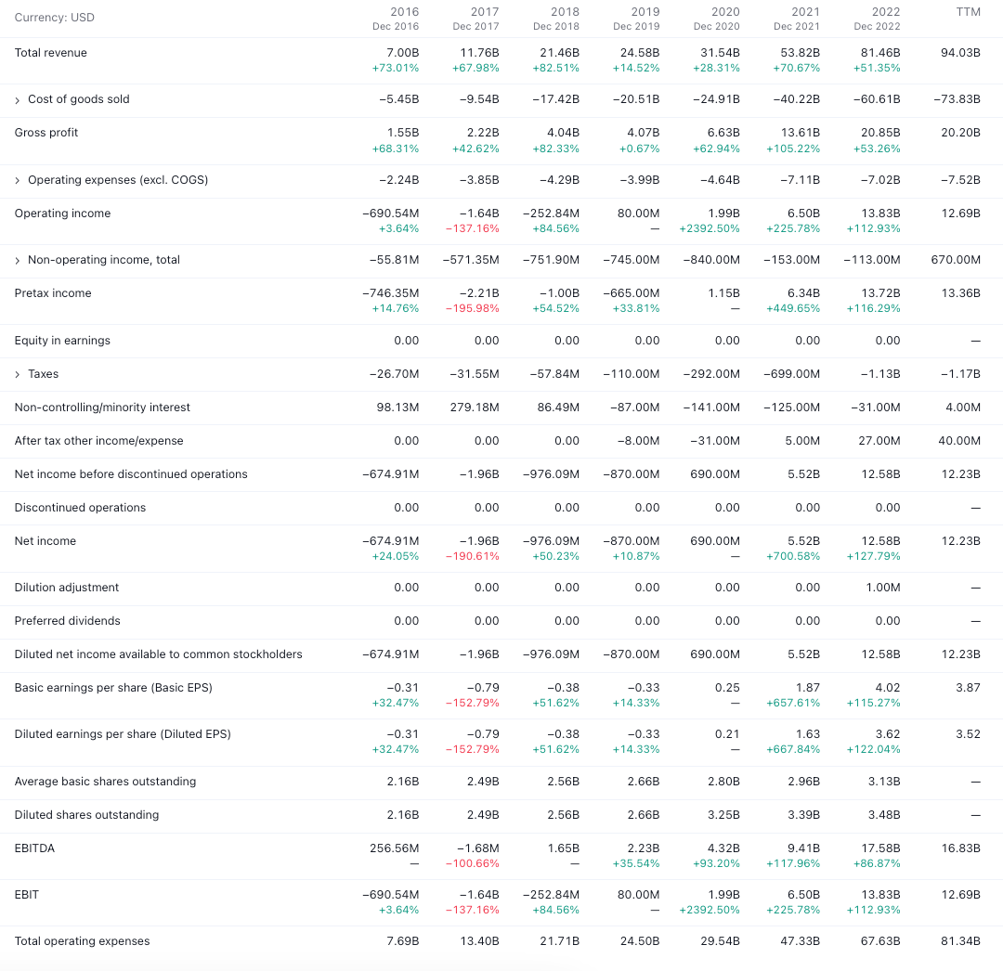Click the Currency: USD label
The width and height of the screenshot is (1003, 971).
tap(54, 18)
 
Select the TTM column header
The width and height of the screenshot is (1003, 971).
tap(968, 12)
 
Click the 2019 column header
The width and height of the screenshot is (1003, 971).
tap(645, 12)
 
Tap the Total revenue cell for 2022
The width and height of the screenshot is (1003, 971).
tap(880, 53)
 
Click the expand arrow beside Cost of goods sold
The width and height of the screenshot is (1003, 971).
tap(18, 99)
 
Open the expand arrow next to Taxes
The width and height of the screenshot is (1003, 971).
tap(18, 374)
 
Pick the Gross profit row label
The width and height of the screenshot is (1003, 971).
tap(46, 133)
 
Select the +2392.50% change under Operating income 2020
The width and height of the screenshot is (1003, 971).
tap(710, 228)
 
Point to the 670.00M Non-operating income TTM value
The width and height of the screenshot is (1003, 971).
tap(956, 260)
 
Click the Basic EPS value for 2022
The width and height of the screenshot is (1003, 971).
tap(888, 688)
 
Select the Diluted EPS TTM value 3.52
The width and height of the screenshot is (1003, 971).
tap(968, 734)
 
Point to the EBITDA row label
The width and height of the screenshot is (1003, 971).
tap(34, 848)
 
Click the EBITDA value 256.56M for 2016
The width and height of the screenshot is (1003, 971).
tap(394, 848)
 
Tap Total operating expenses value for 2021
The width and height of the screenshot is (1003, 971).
tap(801, 941)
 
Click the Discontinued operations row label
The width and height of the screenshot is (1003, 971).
tap(80, 508)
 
